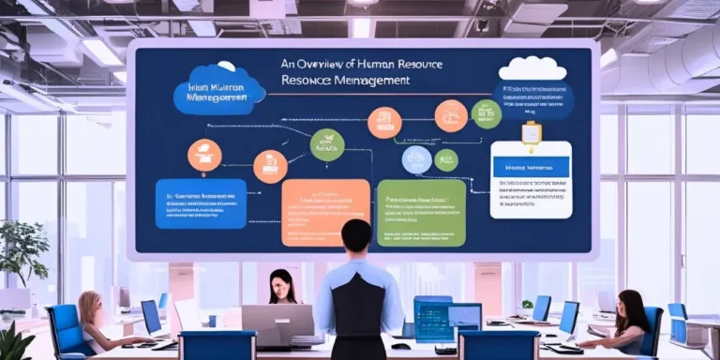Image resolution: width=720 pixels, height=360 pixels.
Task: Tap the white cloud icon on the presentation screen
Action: [532, 68]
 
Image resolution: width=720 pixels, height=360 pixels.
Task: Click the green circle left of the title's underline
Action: [327, 144]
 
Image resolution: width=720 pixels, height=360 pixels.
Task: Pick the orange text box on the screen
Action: [324, 212]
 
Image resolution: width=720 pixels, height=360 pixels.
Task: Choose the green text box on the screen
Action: [421, 212]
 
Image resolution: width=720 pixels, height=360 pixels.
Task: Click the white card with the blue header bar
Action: [531, 183]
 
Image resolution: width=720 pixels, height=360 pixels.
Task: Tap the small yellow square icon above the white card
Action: [532, 134]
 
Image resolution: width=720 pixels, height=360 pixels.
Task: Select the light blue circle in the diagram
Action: [416, 160]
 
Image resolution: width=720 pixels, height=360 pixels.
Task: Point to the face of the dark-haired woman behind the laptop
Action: [280, 284]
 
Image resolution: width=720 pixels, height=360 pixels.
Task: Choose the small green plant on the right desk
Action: [527, 306]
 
